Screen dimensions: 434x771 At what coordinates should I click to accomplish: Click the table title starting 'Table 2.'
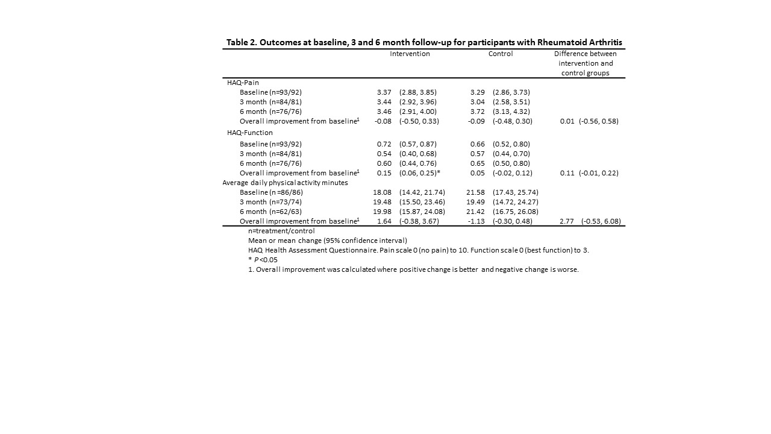pos(424,42)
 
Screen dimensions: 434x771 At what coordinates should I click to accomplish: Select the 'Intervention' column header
pos(410,54)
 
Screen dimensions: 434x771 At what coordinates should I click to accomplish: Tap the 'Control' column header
pos(501,54)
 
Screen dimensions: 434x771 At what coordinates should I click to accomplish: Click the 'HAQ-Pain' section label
pos(243,83)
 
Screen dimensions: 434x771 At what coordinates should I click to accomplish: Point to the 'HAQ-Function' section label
pos(249,133)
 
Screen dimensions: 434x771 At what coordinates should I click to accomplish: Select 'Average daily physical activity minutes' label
pos(285,183)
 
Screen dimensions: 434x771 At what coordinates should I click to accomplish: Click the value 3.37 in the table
pos(384,92)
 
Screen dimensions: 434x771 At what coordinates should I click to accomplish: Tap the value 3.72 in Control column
pos(478,112)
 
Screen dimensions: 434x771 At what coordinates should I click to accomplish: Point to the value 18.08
pos(382,192)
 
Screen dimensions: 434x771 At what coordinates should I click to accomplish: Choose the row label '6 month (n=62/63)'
pos(270,212)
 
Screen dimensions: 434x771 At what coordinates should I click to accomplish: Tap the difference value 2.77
pos(566,221)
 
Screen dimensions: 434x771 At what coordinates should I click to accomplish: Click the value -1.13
pos(476,221)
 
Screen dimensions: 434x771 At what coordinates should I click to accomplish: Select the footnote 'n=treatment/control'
pos(281,231)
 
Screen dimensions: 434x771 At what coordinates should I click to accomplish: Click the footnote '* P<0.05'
pos(263,260)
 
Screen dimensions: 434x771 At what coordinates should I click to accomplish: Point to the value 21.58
pos(476,192)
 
